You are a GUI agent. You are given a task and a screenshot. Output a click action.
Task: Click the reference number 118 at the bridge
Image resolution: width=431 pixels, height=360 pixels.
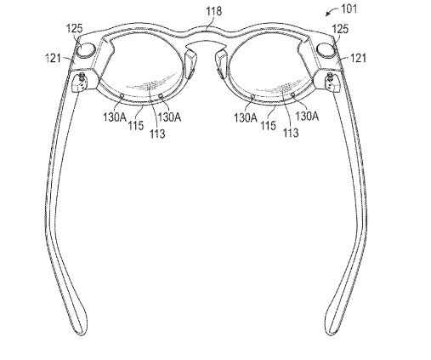click(x=213, y=11)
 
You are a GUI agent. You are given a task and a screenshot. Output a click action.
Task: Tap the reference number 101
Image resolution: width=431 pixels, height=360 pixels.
click(x=349, y=9)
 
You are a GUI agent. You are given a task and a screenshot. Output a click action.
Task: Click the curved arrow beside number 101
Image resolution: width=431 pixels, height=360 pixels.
click(x=332, y=11)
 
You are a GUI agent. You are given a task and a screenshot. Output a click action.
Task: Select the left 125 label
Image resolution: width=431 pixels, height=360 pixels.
click(x=74, y=28)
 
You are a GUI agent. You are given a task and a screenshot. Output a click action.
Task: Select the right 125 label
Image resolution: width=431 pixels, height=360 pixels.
click(x=340, y=29)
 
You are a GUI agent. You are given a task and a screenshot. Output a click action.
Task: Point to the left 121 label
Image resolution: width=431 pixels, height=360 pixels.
click(x=53, y=59)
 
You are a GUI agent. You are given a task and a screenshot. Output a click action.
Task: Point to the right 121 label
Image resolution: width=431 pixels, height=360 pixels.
click(x=359, y=59)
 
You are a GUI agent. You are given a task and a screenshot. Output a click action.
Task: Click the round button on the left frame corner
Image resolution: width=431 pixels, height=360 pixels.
click(x=87, y=50)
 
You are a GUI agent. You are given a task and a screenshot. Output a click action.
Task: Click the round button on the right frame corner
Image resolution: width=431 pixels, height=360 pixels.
click(x=326, y=50)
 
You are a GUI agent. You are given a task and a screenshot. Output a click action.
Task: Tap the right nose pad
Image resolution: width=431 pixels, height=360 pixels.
click(x=221, y=64)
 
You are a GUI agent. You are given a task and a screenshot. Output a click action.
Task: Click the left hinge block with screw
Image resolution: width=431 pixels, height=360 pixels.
click(x=82, y=82)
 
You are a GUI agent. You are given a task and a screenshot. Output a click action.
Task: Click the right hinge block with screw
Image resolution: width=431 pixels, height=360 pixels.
click(x=331, y=82)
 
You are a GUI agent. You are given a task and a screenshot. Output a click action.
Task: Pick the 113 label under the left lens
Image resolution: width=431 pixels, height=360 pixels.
click(x=157, y=133)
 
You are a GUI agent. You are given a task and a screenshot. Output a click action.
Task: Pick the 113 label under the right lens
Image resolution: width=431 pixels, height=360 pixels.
click(x=291, y=132)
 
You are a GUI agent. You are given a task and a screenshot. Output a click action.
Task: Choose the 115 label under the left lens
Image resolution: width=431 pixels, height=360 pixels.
click(x=136, y=125)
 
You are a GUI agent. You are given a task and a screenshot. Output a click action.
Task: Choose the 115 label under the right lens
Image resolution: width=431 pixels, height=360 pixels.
click(x=268, y=125)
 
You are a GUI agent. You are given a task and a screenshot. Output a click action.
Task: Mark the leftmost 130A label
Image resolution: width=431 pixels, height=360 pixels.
click(x=115, y=117)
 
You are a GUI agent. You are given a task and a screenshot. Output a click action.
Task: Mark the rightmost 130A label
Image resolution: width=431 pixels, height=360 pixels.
click(x=307, y=117)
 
